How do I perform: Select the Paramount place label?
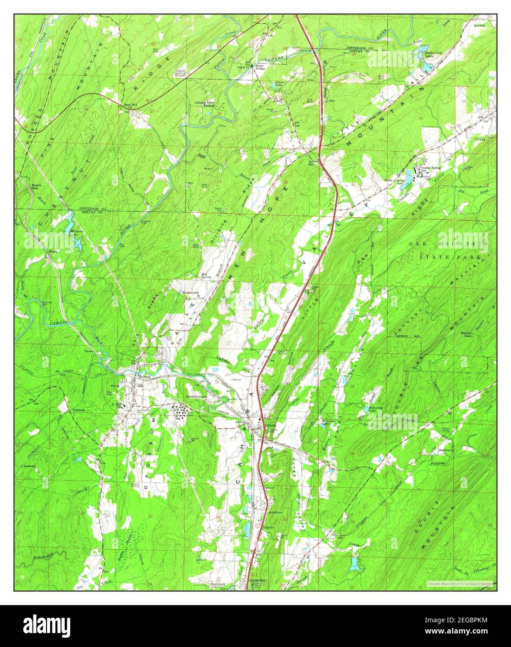tap(190, 292)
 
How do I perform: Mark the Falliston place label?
tap(80, 410)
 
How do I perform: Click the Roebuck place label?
tap(29, 465)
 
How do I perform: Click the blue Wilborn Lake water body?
tap(76, 242)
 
